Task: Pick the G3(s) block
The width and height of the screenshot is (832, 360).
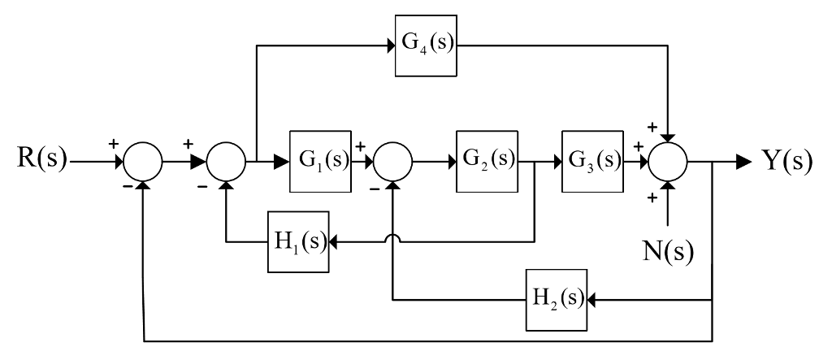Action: [591, 159]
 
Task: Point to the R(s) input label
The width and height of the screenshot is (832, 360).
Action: [38, 159]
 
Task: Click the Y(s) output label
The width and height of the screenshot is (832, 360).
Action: [785, 159]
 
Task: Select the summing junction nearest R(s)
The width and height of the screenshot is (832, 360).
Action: [143, 160]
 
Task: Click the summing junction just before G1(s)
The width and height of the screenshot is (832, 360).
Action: [227, 160]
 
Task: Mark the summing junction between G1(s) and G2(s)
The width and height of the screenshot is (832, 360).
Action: [393, 160]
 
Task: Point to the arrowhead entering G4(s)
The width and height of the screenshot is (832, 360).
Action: [389, 46]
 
